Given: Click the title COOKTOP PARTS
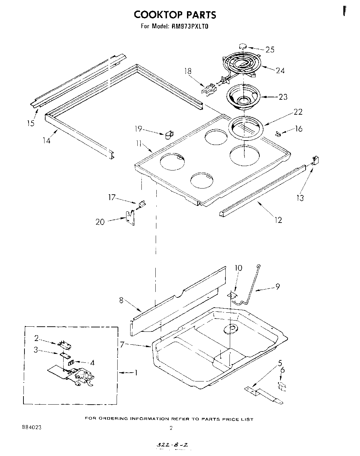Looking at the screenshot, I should tap(175, 15).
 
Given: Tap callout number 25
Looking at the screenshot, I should tap(270, 50).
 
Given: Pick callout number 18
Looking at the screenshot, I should tap(188, 71).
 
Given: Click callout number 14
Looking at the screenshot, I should tap(46, 140).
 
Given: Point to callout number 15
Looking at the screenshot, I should tap(31, 123).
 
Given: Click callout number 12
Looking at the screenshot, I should tap(278, 220).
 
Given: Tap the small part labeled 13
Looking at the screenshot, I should tap(315, 159).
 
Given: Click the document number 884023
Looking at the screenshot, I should tap(31, 427).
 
